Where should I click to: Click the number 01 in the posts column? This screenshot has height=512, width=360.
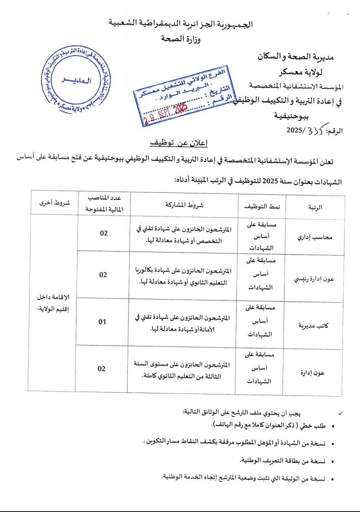coord(103,322)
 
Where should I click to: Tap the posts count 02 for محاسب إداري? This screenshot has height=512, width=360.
coord(104,233)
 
